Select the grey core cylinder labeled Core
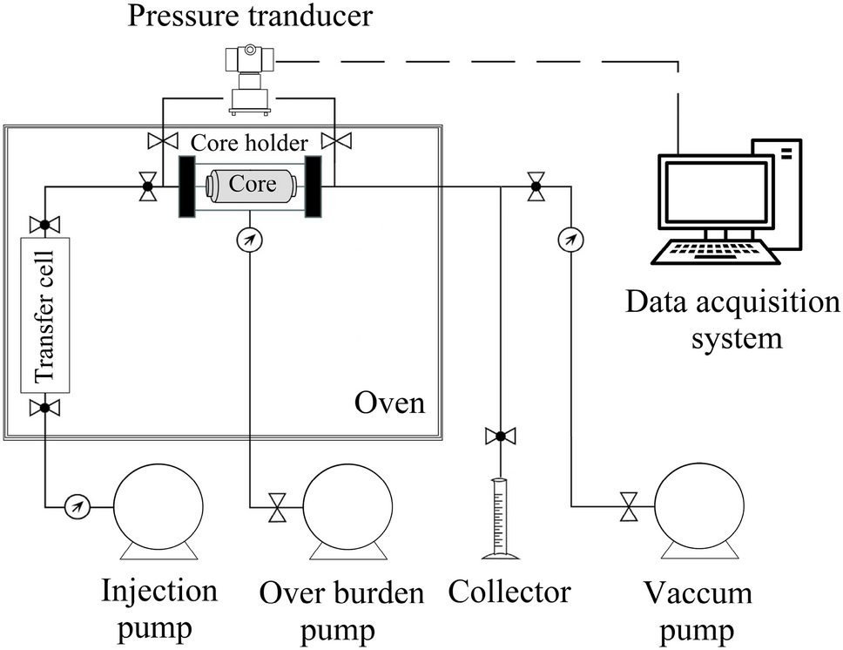click(x=250, y=185)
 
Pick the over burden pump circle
click(x=347, y=505)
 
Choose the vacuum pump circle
click(x=701, y=505)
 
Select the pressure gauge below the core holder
click(x=250, y=238)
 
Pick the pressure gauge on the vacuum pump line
click(x=570, y=238)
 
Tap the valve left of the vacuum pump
click(x=626, y=506)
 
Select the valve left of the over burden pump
click(x=277, y=506)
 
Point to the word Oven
click(x=389, y=404)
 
